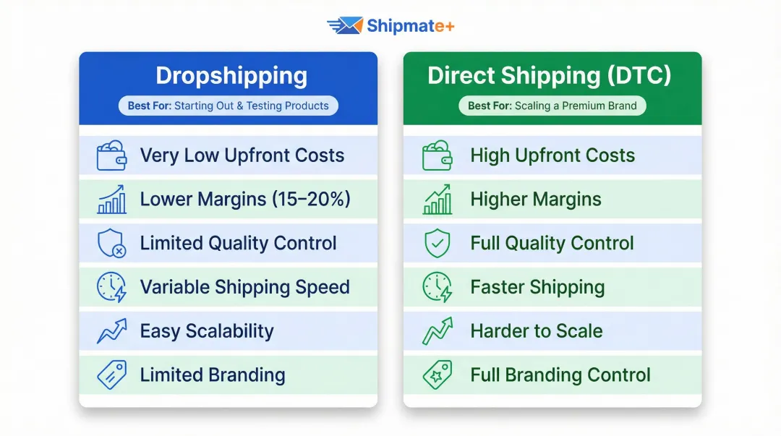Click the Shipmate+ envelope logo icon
345,26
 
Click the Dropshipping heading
231,76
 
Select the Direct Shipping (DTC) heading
550,76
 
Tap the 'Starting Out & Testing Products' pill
229,106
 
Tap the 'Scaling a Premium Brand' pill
552,106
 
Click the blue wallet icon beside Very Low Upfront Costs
111,156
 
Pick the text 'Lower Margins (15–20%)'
245,200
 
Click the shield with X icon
111,244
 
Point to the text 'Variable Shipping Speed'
245,287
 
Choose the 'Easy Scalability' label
207,331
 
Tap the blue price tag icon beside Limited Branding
111,375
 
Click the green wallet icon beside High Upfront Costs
437,156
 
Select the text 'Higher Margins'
536,200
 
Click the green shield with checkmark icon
437,244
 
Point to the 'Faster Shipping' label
537,287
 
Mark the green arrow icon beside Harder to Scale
437,331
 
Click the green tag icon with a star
437,375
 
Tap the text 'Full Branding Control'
560,375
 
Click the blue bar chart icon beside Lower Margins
111,200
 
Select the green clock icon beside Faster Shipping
437,287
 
